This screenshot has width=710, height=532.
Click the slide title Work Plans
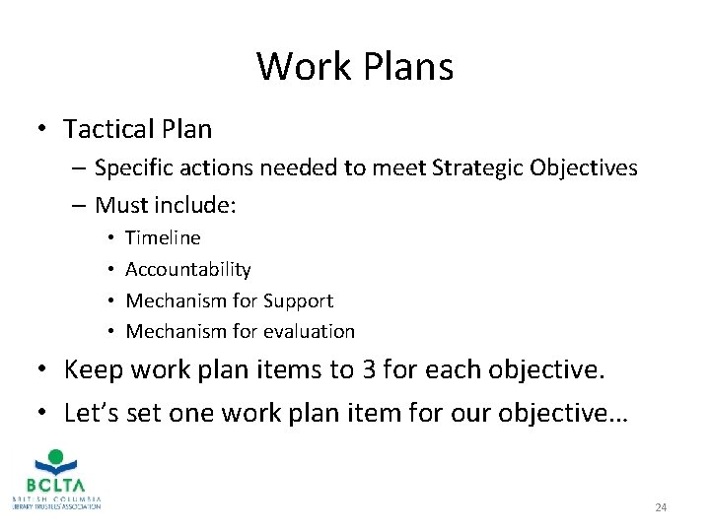click(355, 67)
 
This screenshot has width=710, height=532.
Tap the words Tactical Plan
click(137, 129)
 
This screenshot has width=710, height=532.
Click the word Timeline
click(163, 237)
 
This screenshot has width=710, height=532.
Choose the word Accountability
click(188, 269)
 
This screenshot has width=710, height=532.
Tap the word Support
click(296, 300)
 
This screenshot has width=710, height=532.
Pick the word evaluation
click(306, 331)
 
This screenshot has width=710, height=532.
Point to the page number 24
click(661, 507)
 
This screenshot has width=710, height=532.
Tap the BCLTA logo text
click(55, 485)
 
